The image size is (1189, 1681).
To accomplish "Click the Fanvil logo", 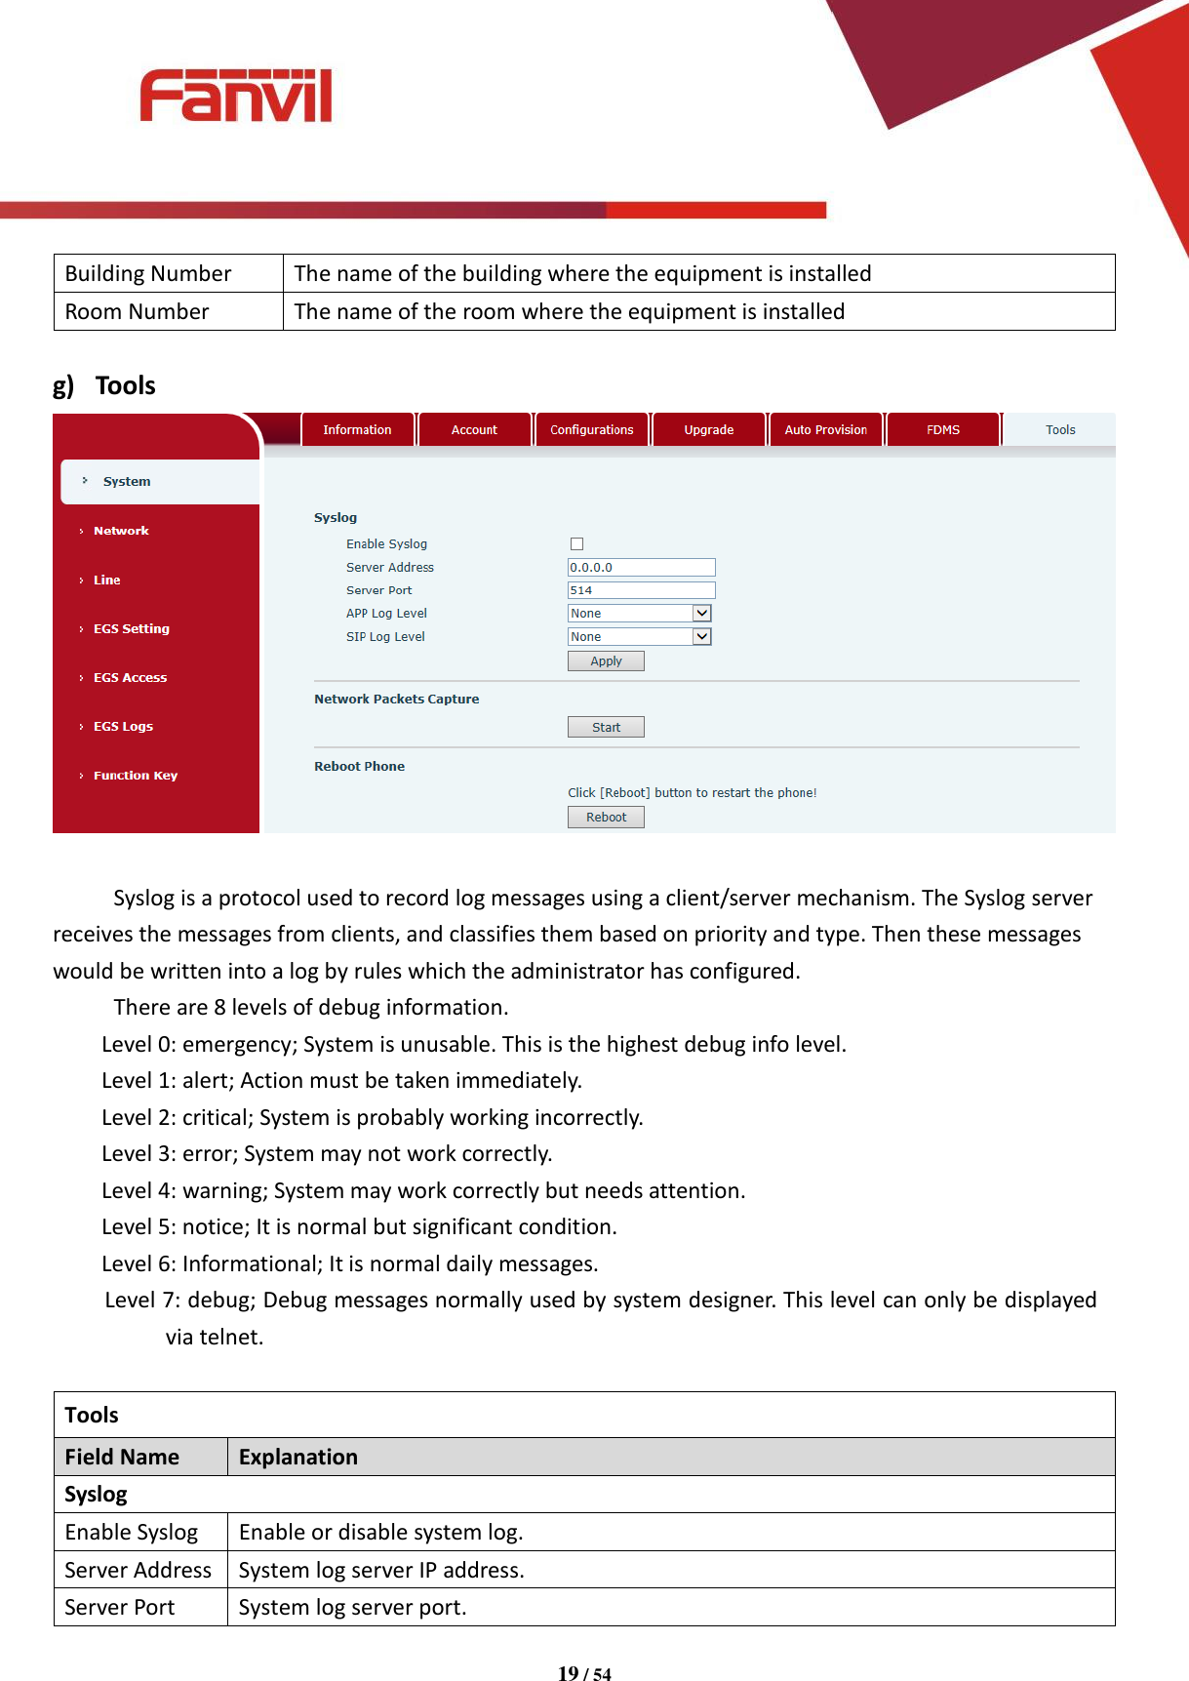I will tap(236, 96).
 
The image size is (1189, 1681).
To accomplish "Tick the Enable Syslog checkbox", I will tap(576, 544).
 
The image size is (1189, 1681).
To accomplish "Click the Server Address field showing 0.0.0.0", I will tap(641, 568).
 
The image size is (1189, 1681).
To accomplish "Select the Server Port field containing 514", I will tap(641, 590).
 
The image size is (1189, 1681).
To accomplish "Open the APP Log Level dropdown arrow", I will tap(701, 614).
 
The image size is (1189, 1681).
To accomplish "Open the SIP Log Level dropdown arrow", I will tap(701, 637).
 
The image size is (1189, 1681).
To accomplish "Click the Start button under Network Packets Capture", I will tap(606, 728).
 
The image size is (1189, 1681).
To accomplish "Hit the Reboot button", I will tap(606, 818).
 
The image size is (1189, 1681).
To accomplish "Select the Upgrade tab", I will tap(709, 430).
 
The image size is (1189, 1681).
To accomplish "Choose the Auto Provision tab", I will tap(825, 430).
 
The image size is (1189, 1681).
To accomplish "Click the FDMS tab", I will tap(943, 430).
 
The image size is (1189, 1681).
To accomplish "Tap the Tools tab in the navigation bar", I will tap(1060, 430).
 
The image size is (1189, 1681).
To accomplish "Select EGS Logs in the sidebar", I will tap(123, 727).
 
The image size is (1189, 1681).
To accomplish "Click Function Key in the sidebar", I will tap(136, 776).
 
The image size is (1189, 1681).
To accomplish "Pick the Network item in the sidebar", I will tap(121, 531).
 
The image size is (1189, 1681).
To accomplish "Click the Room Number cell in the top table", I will tap(138, 312).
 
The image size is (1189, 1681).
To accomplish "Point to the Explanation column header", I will tap(298, 1457).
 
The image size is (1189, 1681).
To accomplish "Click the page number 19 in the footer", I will tap(568, 1673).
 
